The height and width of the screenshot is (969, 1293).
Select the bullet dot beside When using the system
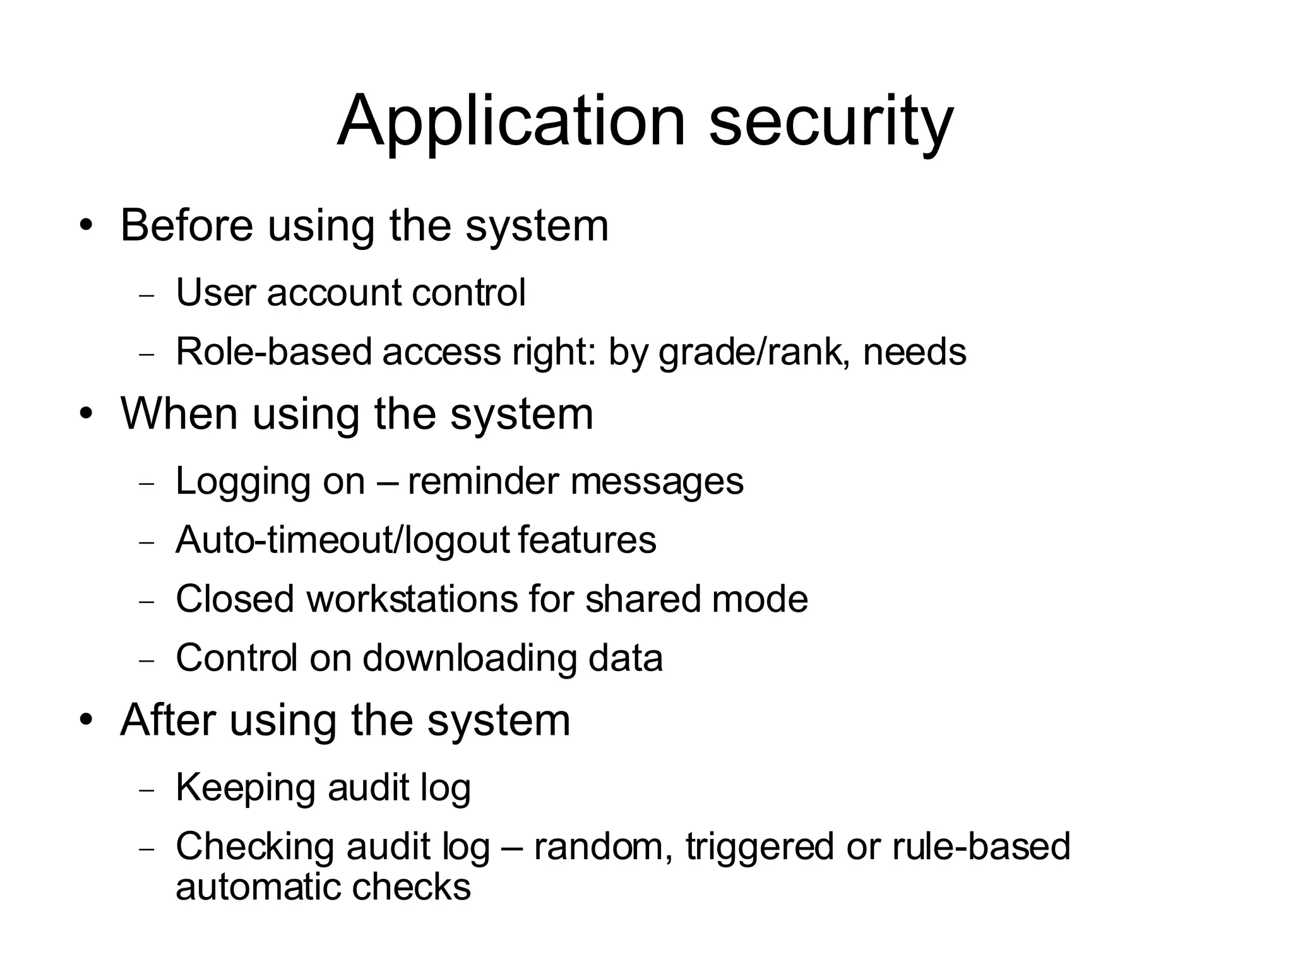coord(87,414)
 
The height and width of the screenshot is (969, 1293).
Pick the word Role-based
coord(273,352)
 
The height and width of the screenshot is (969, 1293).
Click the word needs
coord(914,352)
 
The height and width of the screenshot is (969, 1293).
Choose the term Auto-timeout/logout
coord(342,540)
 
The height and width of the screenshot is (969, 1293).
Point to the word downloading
coord(469,658)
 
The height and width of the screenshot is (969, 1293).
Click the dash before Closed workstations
coord(146,601)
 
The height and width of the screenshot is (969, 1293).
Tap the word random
coord(603,847)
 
